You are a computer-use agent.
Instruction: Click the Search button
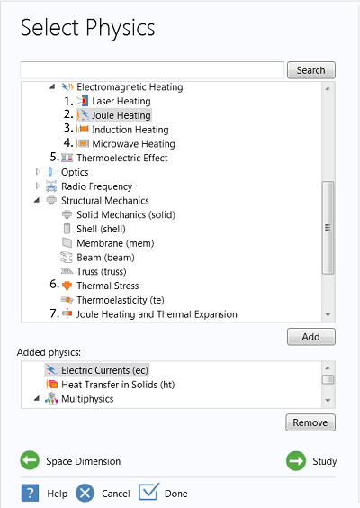pyautogui.click(x=311, y=70)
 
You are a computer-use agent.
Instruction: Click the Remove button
pyautogui.click(x=310, y=422)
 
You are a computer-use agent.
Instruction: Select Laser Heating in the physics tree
pyautogui.click(x=121, y=101)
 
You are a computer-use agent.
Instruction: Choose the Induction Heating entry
pyautogui.click(x=130, y=130)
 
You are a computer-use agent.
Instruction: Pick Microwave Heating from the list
pyautogui.click(x=133, y=143)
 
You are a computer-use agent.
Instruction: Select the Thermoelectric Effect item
pyautogui.click(x=122, y=158)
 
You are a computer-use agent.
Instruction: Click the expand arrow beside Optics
pyautogui.click(x=38, y=172)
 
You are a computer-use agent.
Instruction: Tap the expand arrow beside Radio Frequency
pyautogui.click(x=38, y=186)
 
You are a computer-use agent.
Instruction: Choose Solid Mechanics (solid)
pyautogui.click(x=126, y=214)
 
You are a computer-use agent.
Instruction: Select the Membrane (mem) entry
pyautogui.click(x=115, y=243)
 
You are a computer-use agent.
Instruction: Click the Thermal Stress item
pyautogui.click(x=107, y=286)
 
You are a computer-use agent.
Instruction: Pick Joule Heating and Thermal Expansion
pyautogui.click(x=157, y=314)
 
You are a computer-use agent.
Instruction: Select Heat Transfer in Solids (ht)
pyautogui.click(x=118, y=385)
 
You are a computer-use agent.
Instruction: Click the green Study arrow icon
pyautogui.click(x=296, y=460)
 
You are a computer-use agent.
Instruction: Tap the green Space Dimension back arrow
pyautogui.click(x=30, y=460)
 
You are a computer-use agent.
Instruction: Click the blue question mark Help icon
pyautogui.click(x=30, y=493)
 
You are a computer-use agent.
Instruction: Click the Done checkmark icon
pyautogui.click(x=148, y=492)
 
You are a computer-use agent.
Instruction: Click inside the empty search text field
pyautogui.click(x=152, y=70)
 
